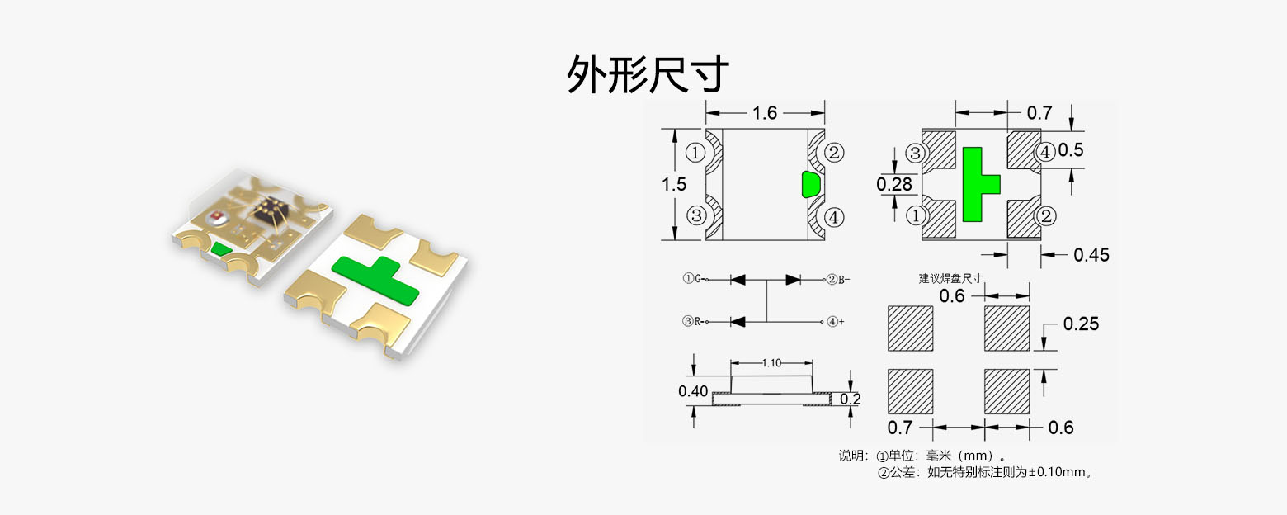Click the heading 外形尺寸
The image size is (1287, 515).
(648, 75)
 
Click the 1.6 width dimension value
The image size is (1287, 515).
(765, 112)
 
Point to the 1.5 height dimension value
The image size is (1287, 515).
(673, 184)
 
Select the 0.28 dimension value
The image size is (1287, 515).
(894, 184)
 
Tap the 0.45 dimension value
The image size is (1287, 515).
(1091, 255)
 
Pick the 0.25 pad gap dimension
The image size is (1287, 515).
(1081, 324)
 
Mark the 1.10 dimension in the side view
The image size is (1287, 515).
(772, 362)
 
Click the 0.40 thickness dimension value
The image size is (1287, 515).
(693, 391)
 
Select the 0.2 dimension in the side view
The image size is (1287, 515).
(850, 399)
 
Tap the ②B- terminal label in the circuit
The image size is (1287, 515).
(838, 279)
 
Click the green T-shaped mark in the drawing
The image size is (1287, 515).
(977, 183)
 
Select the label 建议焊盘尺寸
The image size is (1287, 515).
(950, 278)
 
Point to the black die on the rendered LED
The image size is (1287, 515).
(269, 207)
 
